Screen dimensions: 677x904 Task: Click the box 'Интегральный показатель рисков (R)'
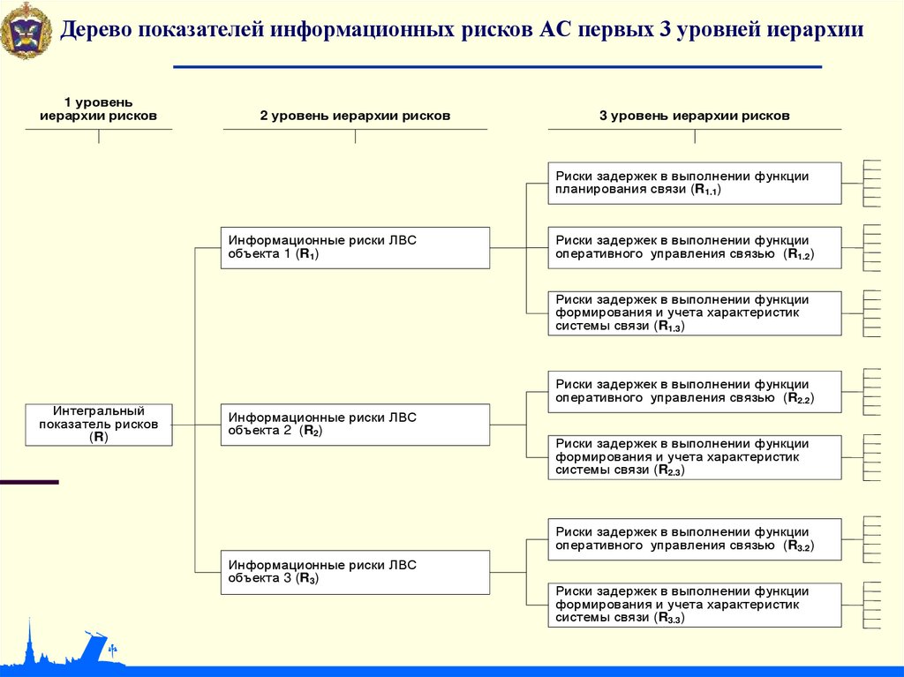click(x=99, y=425)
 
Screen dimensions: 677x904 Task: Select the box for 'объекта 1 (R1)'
click(x=355, y=248)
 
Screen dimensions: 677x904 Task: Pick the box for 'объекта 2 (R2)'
click(x=355, y=425)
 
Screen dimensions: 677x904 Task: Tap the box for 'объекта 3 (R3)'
click(x=355, y=572)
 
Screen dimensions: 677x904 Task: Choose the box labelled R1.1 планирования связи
click(x=695, y=183)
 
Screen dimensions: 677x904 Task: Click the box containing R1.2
click(x=695, y=247)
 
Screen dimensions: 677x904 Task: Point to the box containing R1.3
click(x=695, y=313)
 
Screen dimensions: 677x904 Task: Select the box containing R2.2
click(x=695, y=392)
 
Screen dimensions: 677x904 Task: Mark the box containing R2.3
click(x=695, y=457)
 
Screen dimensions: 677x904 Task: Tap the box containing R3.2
click(x=695, y=539)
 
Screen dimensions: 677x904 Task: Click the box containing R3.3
click(x=695, y=605)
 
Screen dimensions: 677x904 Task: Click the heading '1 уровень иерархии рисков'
click(x=98, y=109)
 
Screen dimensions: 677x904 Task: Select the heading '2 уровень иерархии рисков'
click(x=355, y=116)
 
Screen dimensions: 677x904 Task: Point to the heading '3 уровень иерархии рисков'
click(x=695, y=116)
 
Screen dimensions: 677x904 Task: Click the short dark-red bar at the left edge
click(x=29, y=482)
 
